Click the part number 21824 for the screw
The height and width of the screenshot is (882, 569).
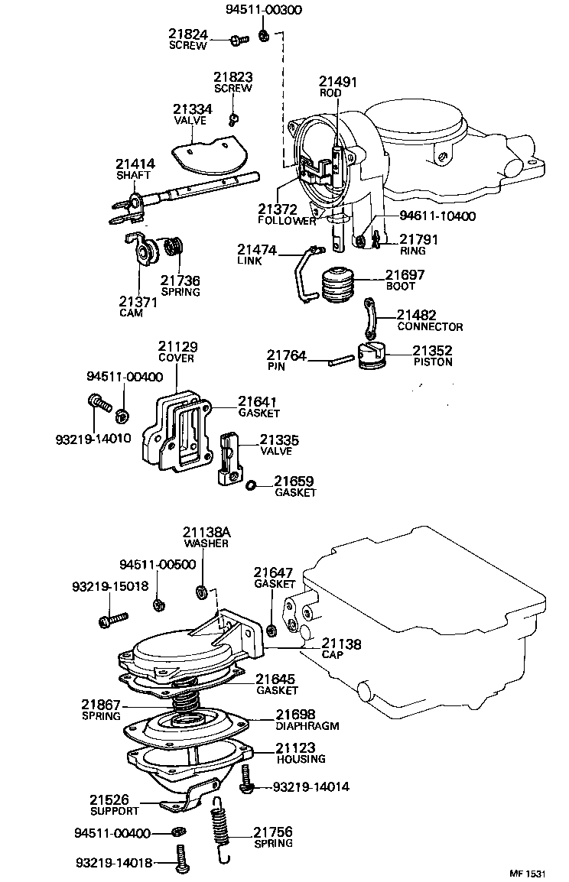click(187, 34)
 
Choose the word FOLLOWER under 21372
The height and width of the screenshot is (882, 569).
click(287, 221)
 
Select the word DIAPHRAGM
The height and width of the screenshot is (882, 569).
click(307, 726)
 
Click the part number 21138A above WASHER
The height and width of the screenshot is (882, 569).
click(206, 532)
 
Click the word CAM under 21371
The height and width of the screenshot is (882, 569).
click(131, 313)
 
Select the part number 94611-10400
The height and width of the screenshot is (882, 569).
click(437, 216)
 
